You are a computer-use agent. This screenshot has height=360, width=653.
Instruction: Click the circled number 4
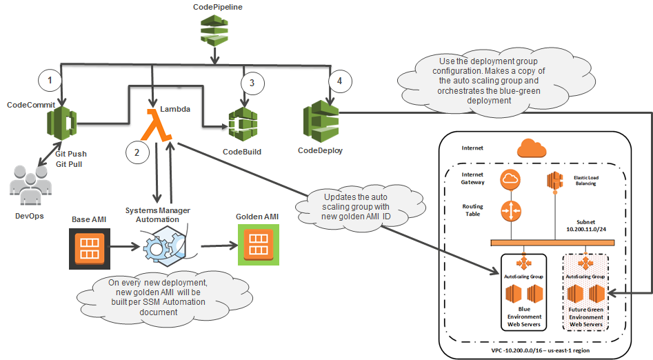(337, 80)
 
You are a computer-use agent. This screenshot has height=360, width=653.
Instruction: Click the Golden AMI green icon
(258, 247)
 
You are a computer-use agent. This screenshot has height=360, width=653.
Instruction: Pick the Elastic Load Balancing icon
(556, 180)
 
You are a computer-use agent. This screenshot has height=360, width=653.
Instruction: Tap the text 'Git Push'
(71, 154)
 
